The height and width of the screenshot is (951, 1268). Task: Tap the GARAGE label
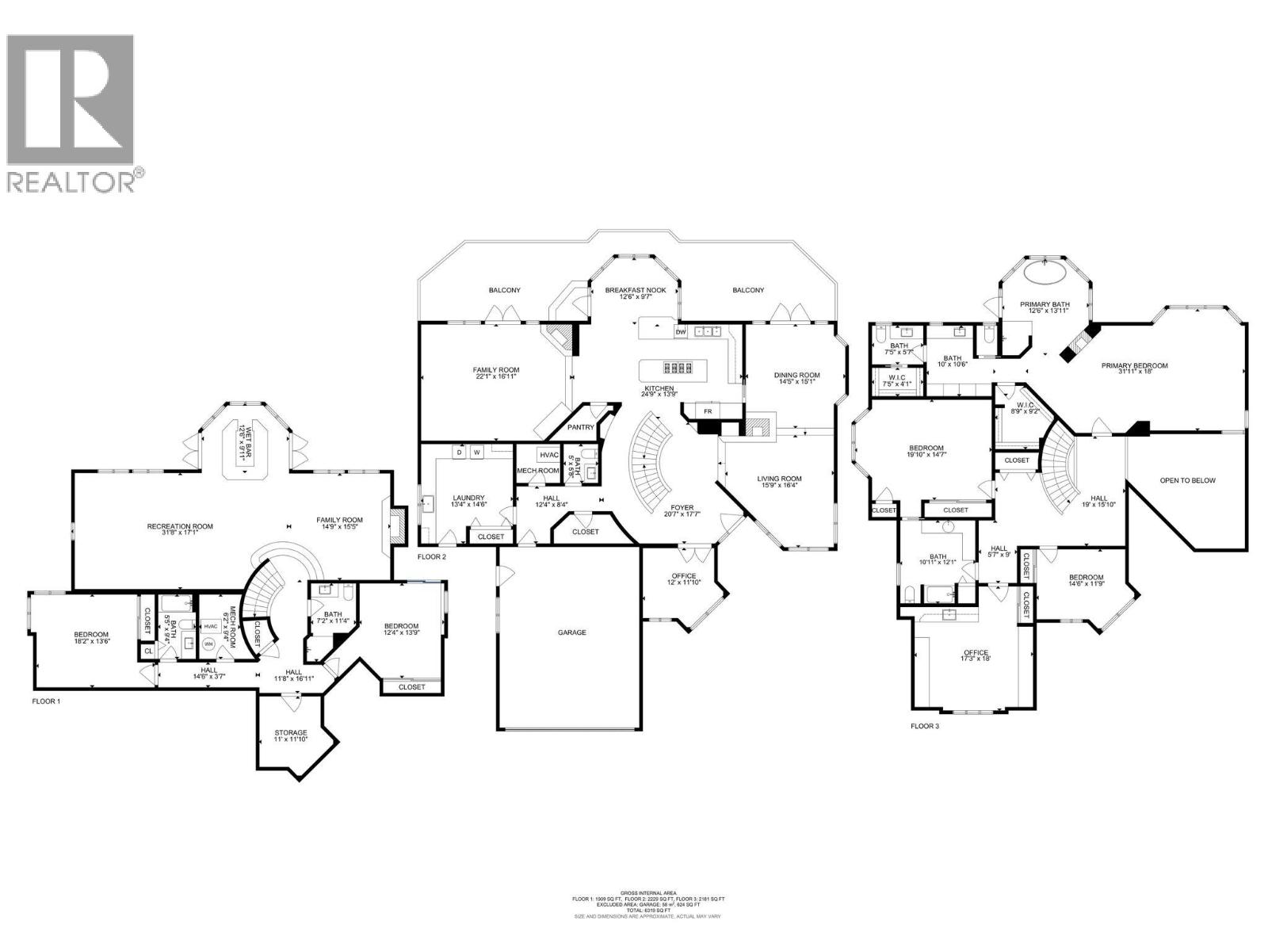point(571,632)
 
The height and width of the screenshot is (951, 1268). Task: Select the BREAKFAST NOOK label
point(636,291)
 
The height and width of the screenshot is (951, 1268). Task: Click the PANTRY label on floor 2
point(581,427)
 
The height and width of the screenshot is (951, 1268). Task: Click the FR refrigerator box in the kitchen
point(708,411)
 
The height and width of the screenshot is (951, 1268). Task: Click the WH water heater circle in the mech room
point(209,644)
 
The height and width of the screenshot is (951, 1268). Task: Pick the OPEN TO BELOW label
point(1187,481)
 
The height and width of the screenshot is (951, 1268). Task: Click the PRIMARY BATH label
point(1045,305)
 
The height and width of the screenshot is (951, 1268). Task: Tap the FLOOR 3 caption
point(925,726)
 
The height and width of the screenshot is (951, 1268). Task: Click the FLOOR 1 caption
point(46,701)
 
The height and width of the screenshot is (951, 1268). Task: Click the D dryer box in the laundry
point(459,453)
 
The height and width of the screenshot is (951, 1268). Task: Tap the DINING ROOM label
point(796,376)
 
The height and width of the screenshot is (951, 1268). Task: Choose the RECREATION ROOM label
point(180,526)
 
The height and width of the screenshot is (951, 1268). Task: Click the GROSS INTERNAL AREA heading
point(648,892)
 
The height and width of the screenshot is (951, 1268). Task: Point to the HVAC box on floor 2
point(548,455)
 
